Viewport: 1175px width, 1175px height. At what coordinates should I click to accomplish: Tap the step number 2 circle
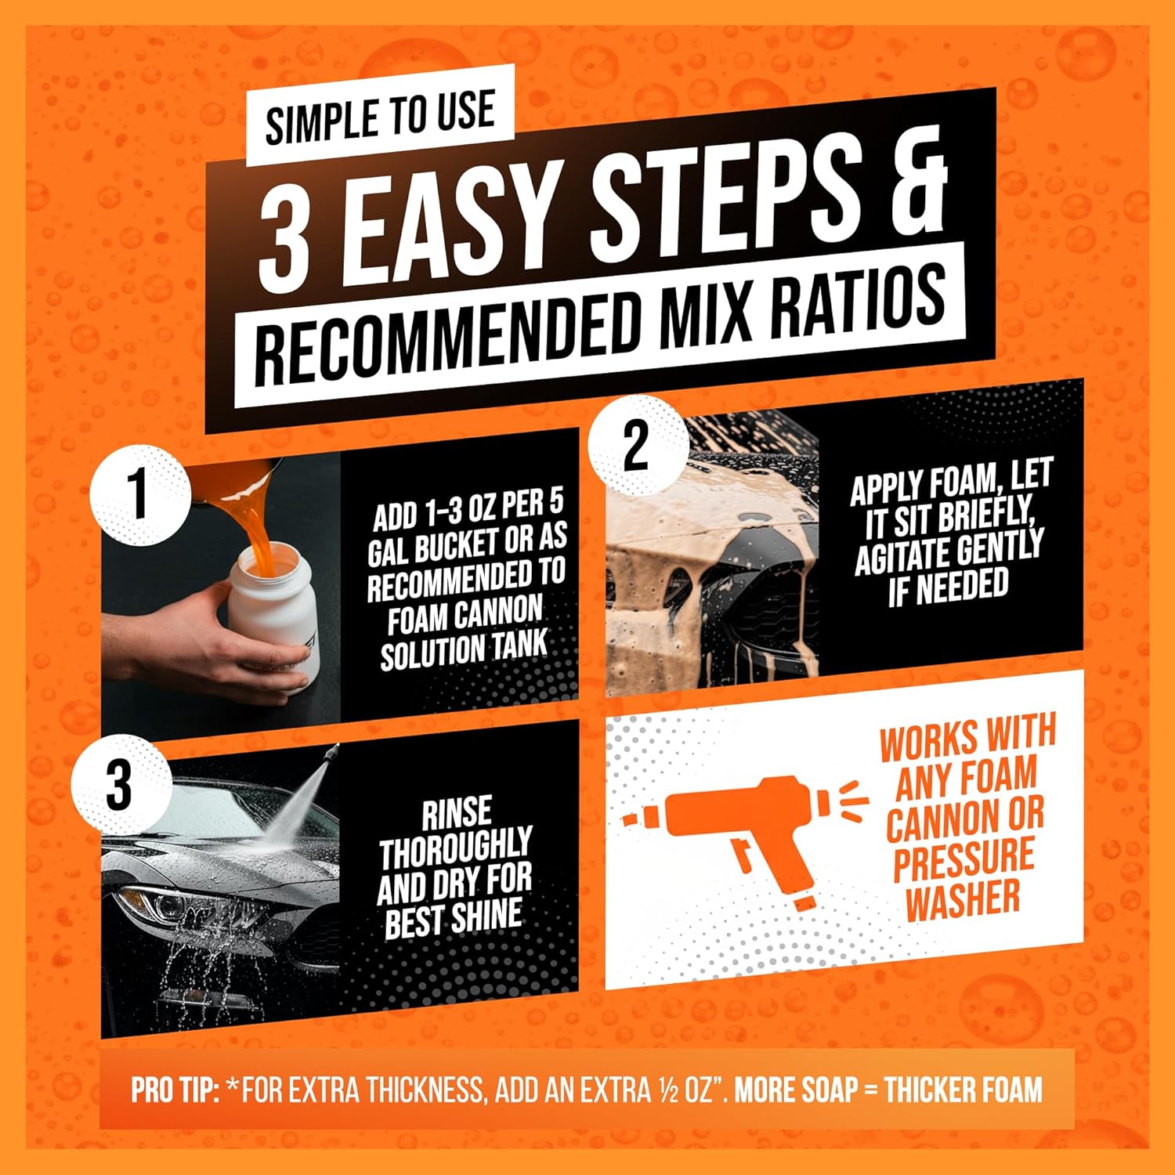pos(636,446)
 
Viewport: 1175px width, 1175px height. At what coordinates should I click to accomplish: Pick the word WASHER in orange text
pos(963,898)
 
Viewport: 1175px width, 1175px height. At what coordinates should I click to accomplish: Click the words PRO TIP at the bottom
pos(175,1090)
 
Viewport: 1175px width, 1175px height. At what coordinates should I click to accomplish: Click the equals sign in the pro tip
pos(871,1091)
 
